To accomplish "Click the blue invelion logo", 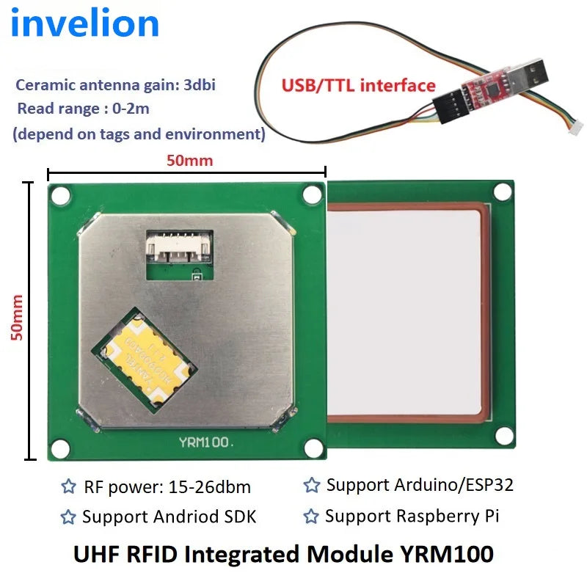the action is (x=85, y=23).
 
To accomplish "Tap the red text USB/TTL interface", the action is (x=358, y=85).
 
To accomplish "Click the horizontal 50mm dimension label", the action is (x=190, y=160).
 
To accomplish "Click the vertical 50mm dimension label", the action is (x=17, y=318).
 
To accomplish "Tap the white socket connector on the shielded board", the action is (x=179, y=247).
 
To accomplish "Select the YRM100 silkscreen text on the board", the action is (x=206, y=442).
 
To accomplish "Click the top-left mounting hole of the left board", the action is (x=61, y=196).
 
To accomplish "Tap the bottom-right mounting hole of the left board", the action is (x=314, y=448).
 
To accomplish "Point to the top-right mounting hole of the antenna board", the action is (x=503, y=192).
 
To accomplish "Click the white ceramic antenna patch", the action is (x=404, y=313).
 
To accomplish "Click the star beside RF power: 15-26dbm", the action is (x=68, y=486).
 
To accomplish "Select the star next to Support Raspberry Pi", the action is (x=311, y=516).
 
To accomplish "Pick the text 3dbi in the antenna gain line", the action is (x=200, y=85).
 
